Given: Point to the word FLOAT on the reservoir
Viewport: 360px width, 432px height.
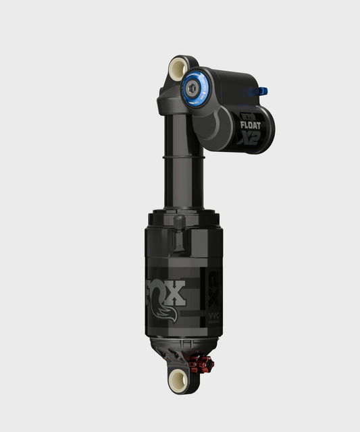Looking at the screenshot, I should click(x=255, y=124).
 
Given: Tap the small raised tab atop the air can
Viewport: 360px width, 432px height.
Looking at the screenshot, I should click(x=179, y=224).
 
